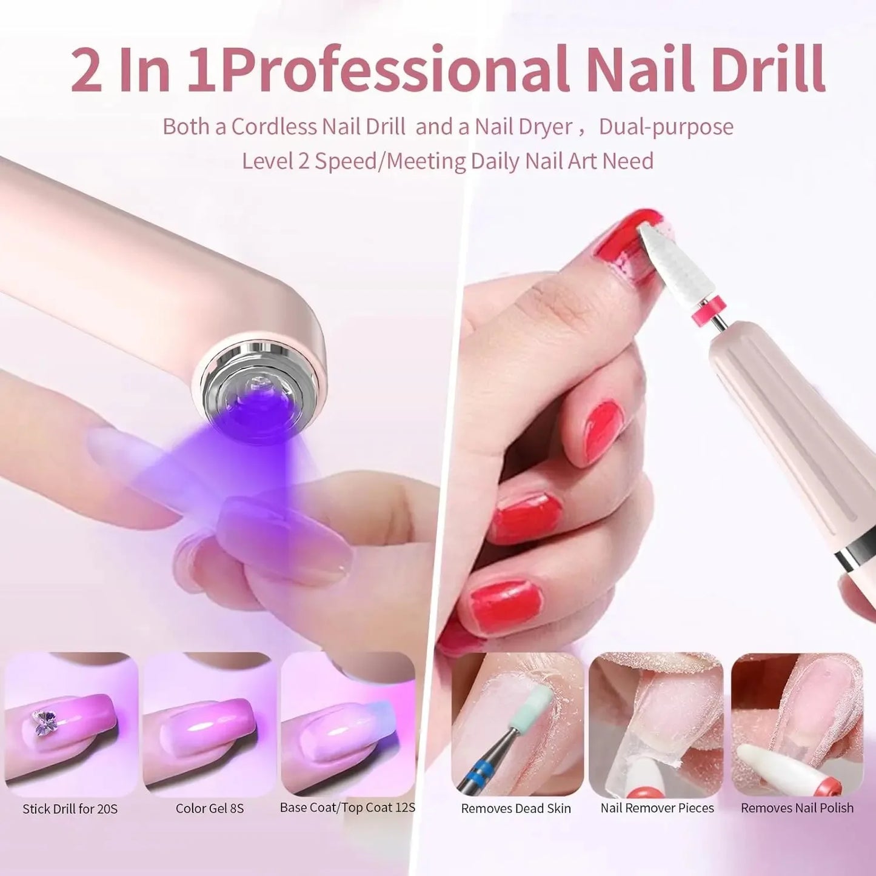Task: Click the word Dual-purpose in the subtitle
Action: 666,127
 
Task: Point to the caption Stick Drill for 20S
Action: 70,809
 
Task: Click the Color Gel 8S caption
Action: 210,808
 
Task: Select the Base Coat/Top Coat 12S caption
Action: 347,807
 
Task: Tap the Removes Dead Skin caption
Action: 516,808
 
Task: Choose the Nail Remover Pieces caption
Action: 657,808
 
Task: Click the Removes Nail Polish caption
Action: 797,808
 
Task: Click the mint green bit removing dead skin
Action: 535,703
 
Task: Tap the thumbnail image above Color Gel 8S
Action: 210,724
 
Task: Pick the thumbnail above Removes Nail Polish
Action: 797,724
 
